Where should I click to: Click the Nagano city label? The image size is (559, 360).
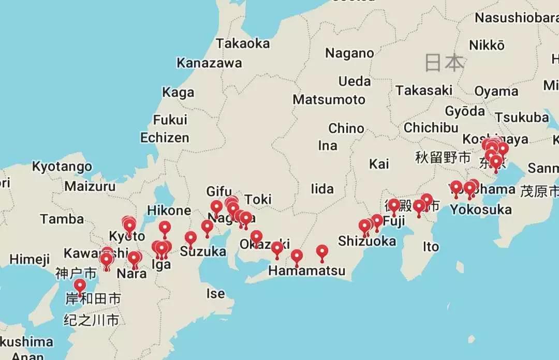pos(349,53)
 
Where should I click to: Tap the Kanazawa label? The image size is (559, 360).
pos(209,63)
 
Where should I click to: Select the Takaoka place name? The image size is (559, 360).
pos(243,43)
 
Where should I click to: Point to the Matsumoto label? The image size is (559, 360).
pos(329,99)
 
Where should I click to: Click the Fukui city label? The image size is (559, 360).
pos(170,120)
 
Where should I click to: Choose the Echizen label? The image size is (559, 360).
pos(165,138)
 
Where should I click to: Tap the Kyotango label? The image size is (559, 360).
pos(62,167)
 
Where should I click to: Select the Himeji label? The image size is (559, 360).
pos(30,259)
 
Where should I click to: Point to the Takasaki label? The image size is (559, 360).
pos(424,91)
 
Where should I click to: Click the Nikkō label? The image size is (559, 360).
pos(487,45)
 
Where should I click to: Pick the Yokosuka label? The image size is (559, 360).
pos(481,209)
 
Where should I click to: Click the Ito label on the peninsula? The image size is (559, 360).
pos(431,247)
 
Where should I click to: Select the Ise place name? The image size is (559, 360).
pos(216,294)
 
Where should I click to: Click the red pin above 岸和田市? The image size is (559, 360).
pos(80,286)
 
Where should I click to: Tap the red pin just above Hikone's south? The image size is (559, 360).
pos(165,227)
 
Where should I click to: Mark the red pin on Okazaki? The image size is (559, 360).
pos(256,237)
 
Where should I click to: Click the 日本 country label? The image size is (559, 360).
pos(444,63)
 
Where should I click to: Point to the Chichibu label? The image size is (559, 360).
pos(431,128)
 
